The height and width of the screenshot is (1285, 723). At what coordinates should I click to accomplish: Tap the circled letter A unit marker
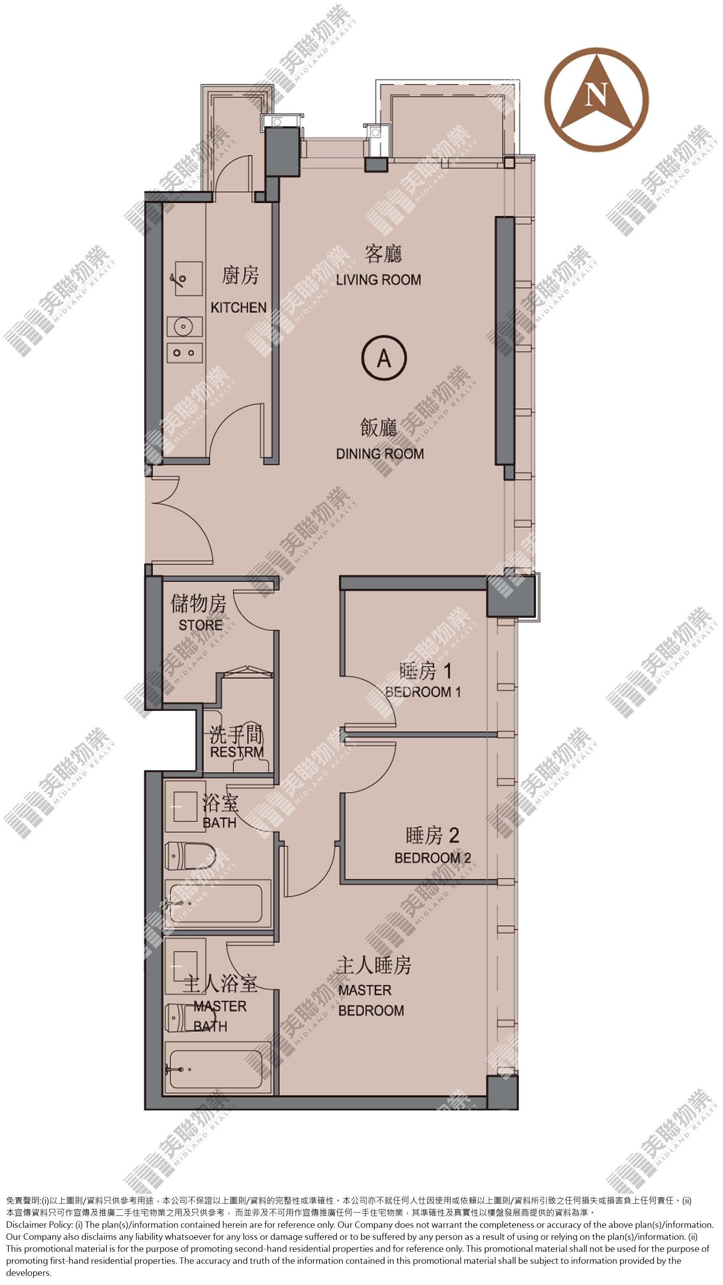click(x=384, y=357)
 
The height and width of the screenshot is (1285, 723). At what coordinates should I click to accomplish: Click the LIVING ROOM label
click(x=378, y=280)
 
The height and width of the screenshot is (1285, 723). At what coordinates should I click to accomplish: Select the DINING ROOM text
click(x=380, y=454)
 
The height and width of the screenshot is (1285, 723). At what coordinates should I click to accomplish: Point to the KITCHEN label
click(x=239, y=308)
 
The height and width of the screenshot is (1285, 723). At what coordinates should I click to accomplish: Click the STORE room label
click(x=201, y=625)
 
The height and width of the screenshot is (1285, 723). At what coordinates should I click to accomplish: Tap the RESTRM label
click(x=237, y=752)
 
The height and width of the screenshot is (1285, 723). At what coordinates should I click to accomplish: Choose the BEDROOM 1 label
click(x=423, y=692)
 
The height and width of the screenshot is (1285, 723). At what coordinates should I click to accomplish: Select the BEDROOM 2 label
click(x=433, y=858)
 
